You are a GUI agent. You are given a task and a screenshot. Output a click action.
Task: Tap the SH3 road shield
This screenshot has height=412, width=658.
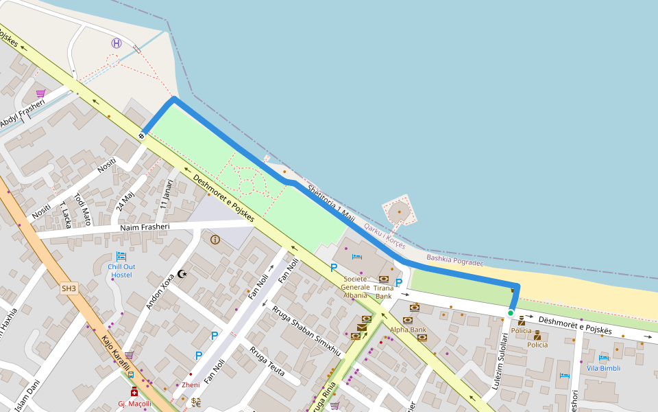pos(69,288)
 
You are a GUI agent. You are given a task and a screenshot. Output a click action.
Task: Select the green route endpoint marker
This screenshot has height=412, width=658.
pos(511,313)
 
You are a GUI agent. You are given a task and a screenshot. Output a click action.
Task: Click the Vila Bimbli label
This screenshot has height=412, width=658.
pos(603,368)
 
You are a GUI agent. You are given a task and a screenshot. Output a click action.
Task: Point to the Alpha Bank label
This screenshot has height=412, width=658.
pos(408,330)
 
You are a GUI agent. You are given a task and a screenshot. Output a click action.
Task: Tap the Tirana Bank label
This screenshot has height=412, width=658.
pos(383,292)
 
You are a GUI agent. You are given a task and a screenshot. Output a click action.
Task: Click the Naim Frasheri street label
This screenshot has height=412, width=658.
pos(149,227)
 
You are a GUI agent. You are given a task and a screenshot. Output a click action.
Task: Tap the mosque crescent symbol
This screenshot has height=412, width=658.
pos(182,274)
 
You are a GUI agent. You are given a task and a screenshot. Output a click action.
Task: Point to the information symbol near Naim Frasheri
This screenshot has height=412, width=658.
pos(215,240)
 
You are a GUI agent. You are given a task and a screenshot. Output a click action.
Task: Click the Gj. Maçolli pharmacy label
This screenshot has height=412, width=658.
pos(134,404)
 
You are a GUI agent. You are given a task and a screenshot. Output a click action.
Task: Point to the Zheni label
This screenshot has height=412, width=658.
pos(191,385)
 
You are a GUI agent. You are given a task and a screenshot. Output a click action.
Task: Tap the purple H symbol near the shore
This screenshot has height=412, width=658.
pos(117,43)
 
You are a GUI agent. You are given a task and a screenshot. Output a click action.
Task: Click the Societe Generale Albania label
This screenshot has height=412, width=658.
pos(356,287)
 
